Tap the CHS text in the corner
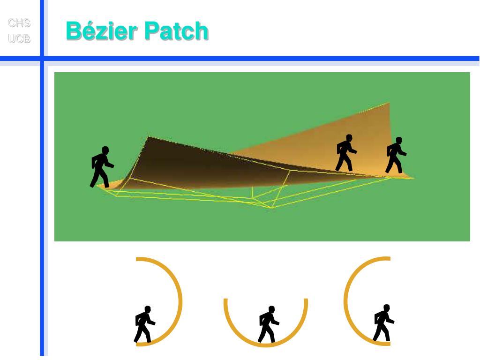pos(19,23)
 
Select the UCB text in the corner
pos(19,39)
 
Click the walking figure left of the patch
pos(101,167)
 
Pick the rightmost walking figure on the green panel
pos(395,155)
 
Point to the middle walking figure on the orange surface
pos(345,153)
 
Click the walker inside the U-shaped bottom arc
pos(268,324)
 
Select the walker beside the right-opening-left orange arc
pos(383,323)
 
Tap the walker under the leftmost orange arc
pos(144,324)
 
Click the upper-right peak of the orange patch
pos(388,104)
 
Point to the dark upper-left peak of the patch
pos(149,137)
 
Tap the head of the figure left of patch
pos(105,150)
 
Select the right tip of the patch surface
pos(412,177)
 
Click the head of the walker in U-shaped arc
pos(271,309)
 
